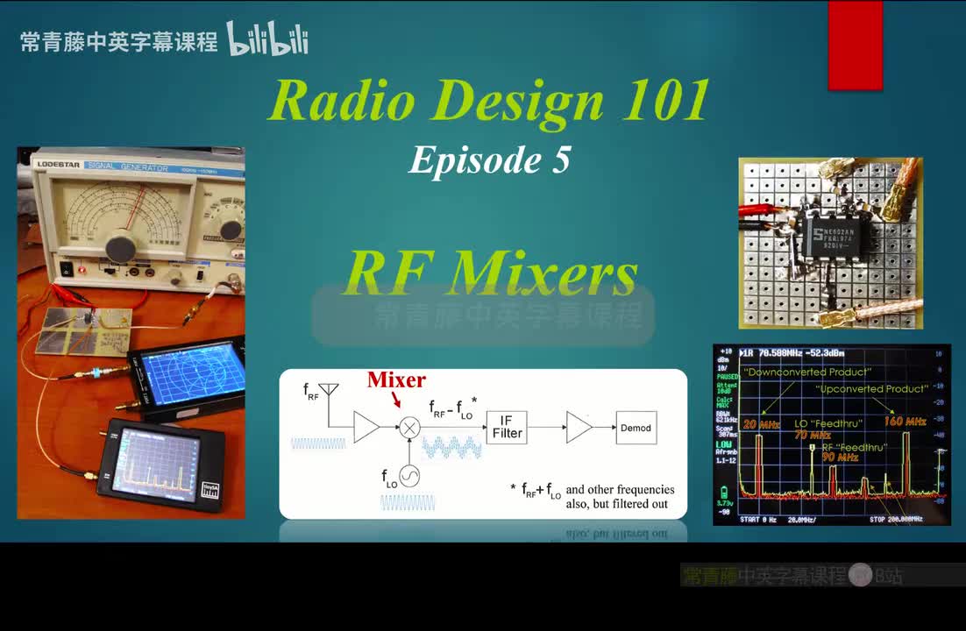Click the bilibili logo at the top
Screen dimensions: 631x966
click(267, 39)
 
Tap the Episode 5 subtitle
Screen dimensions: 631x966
click(489, 160)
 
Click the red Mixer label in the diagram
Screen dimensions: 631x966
click(396, 380)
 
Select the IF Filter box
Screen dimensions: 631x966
click(507, 427)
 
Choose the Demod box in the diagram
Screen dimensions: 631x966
click(636, 428)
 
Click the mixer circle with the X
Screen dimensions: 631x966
click(409, 428)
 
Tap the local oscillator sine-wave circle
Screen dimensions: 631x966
click(409, 475)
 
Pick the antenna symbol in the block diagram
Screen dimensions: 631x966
click(329, 389)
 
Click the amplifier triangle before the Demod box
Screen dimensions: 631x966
click(579, 428)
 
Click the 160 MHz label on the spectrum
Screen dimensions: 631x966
click(905, 422)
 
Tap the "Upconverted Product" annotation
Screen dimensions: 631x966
click(871, 388)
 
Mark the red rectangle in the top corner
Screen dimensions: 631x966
click(855, 45)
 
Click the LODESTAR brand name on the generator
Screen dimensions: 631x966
click(58, 163)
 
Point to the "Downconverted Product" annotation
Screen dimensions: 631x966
click(795, 372)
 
